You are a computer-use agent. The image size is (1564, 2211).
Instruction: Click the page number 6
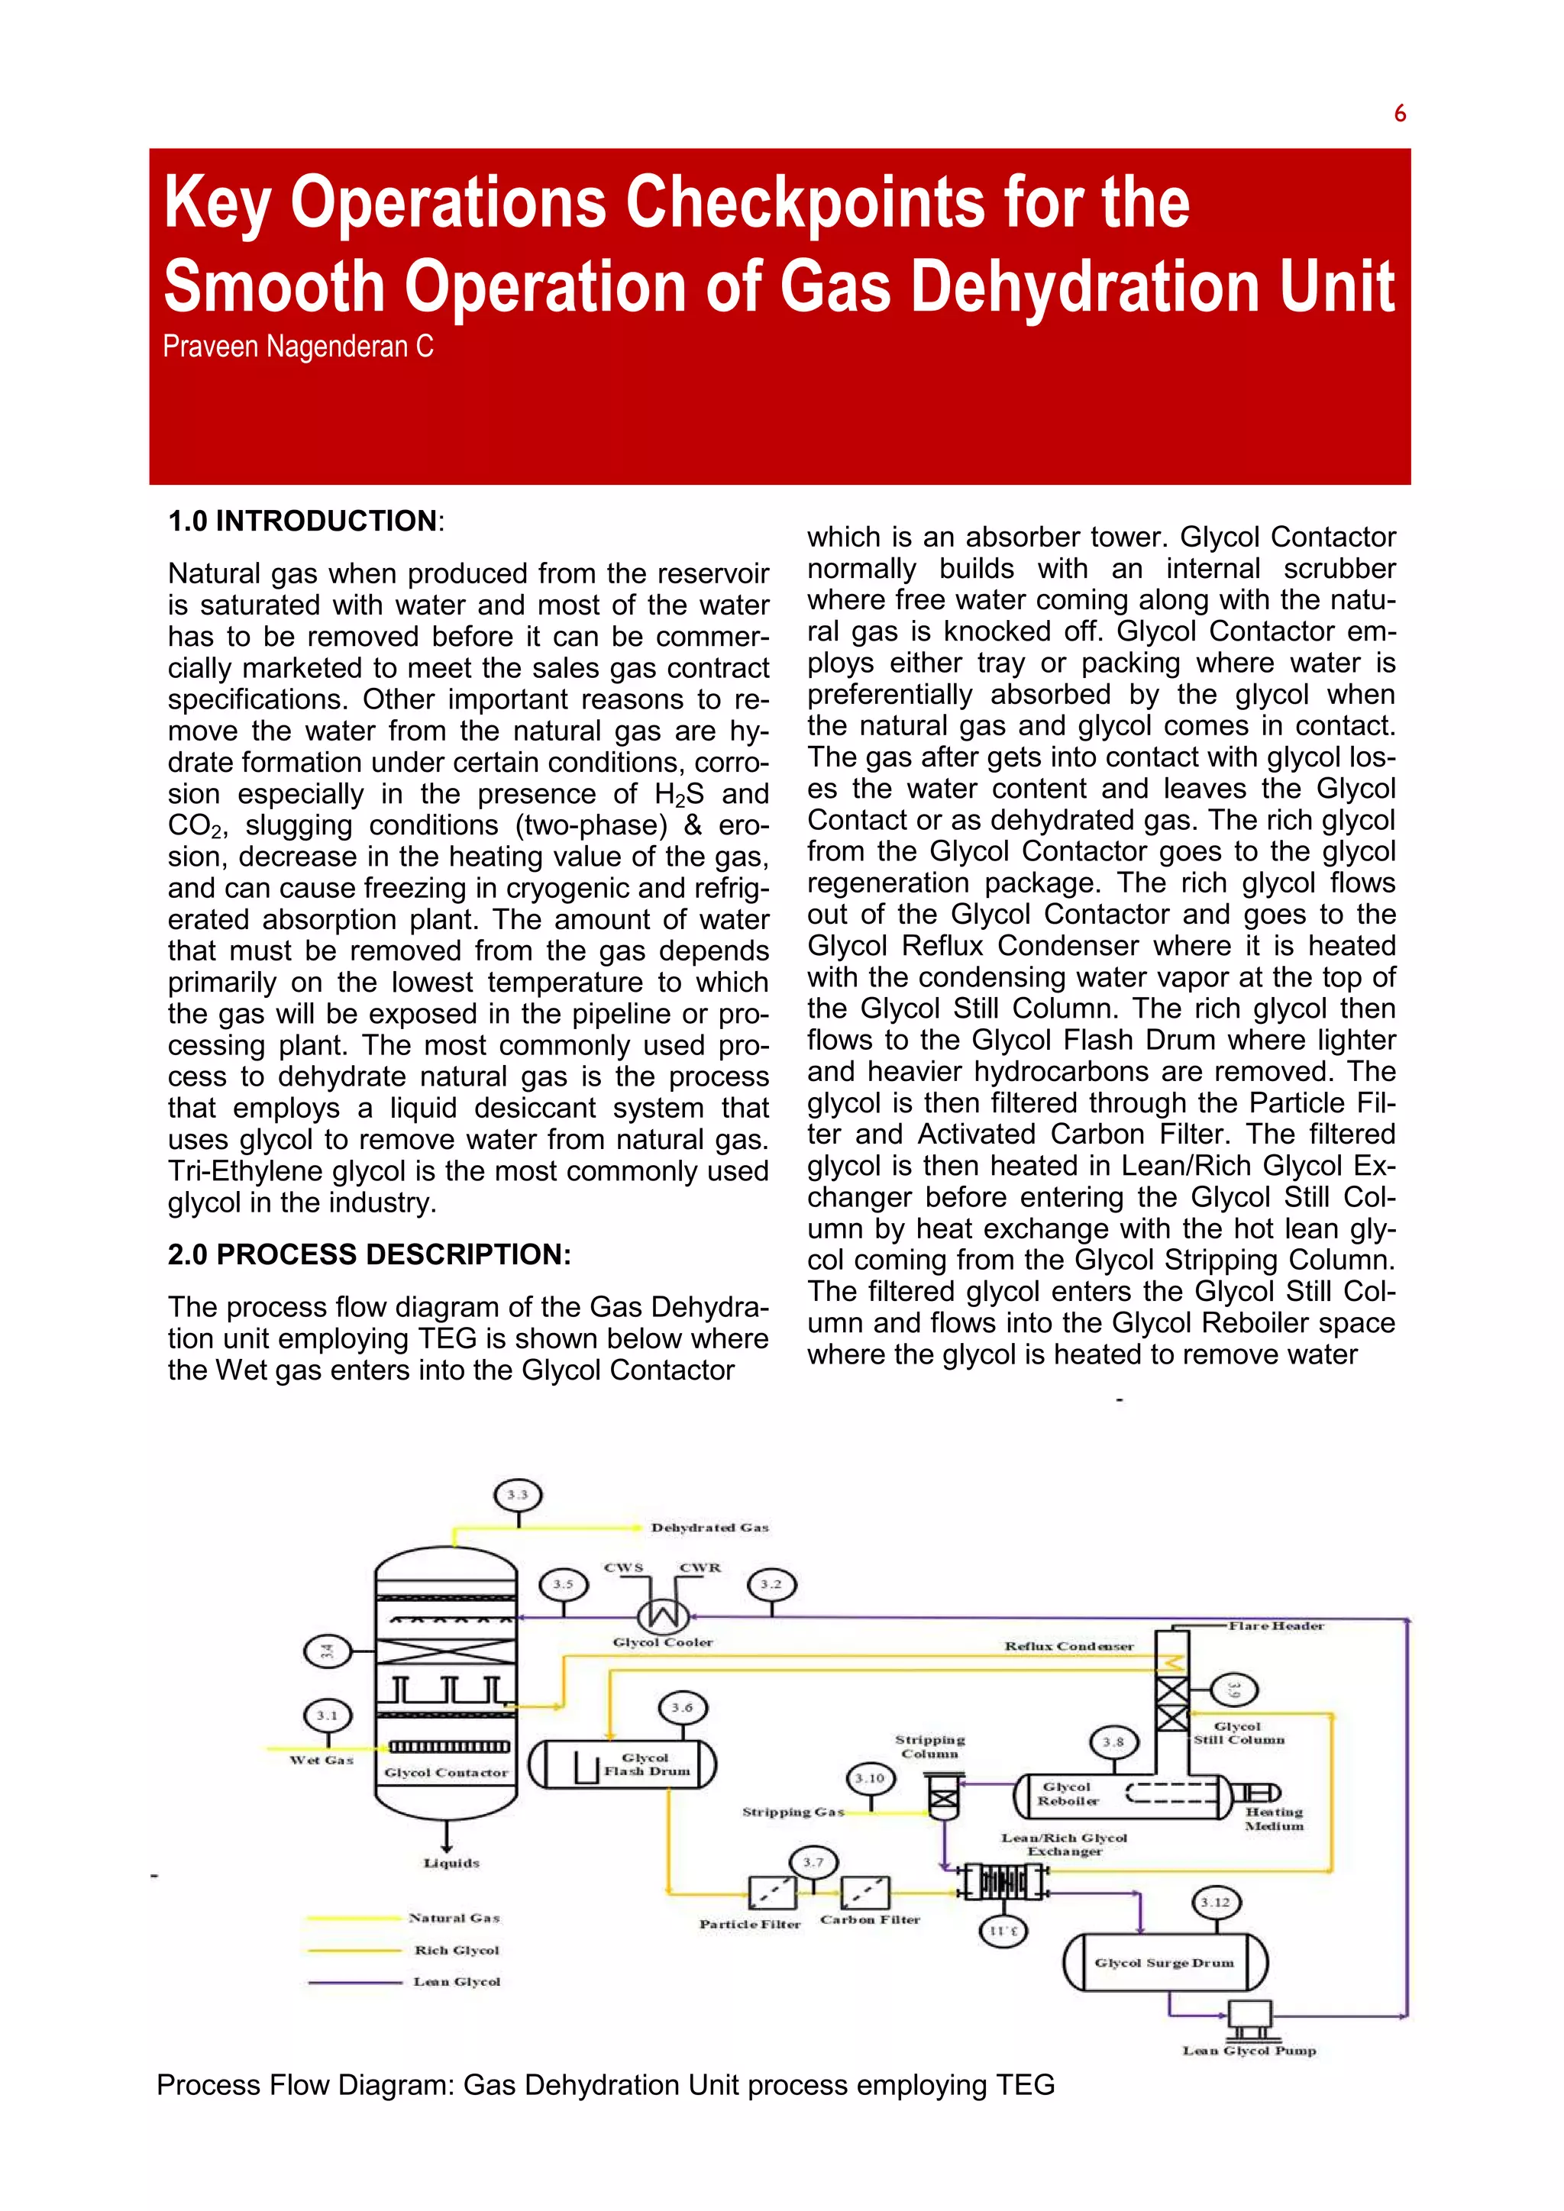coord(1399,114)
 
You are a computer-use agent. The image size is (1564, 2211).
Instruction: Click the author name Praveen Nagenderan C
coord(298,347)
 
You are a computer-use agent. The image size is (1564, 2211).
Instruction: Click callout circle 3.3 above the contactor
coord(518,1495)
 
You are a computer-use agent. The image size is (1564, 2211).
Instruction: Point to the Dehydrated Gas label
coord(709,1527)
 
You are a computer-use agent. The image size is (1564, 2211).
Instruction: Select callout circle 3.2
coord(771,1584)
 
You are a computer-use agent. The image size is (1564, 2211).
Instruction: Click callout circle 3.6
coord(683,1707)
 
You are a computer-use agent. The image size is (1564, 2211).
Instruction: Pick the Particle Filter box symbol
coord(772,1893)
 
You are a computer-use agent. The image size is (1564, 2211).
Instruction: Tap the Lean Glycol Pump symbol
coord(1249,2015)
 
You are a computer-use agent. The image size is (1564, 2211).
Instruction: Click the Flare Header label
coord(1276,1625)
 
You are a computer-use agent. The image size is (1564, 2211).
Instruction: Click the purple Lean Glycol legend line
coord(354,1982)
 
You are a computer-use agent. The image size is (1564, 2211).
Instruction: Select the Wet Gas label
coord(322,1759)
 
